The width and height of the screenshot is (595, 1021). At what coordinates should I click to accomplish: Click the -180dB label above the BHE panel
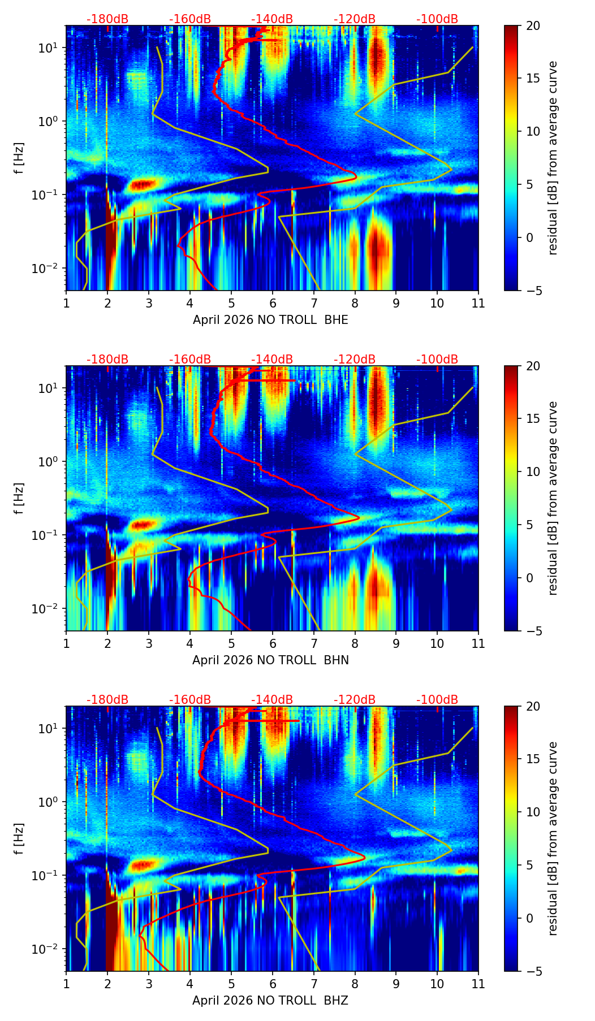(x=107, y=19)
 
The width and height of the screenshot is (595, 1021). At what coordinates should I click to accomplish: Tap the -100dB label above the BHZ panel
(x=437, y=700)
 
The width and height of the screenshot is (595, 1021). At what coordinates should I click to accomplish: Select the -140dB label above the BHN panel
(x=272, y=360)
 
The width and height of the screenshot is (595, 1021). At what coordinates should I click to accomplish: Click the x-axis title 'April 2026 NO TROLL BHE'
(x=270, y=320)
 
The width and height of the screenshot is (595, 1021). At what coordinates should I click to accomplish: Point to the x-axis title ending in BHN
(x=270, y=660)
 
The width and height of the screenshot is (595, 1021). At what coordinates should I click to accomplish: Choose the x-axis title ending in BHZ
(x=270, y=1001)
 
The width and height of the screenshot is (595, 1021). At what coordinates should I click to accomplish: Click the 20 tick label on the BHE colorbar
(x=533, y=26)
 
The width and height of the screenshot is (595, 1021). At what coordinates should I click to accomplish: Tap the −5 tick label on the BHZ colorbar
(x=531, y=971)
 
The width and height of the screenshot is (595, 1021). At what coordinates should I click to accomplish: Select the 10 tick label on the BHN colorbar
(x=533, y=471)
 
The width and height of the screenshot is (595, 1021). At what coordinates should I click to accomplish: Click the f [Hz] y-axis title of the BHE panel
(x=20, y=158)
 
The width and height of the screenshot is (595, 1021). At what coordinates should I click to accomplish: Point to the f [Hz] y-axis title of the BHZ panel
(x=20, y=839)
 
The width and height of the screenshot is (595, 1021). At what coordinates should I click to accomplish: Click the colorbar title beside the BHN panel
(x=553, y=498)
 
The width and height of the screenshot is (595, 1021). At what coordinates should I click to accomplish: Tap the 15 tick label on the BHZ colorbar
(x=533, y=759)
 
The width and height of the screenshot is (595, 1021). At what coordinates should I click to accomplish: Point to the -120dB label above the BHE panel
(x=355, y=19)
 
